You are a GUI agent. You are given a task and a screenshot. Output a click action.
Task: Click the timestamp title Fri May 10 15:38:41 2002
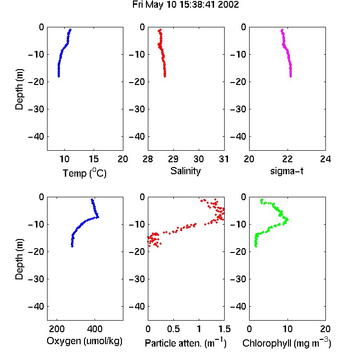pyautogui.click(x=185, y=4)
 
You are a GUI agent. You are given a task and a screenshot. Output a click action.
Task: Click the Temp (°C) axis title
pyautogui.click(x=84, y=173)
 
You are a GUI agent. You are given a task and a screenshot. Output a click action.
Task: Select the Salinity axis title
pyautogui.click(x=185, y=171)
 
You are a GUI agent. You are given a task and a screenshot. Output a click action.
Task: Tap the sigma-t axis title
pyautogui.click(x=287, y=171)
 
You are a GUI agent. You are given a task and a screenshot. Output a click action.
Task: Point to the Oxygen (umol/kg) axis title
pyautogui.click(x=84, y=341)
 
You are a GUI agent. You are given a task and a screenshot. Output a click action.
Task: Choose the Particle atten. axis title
pyautogui.click(x=185, y=343)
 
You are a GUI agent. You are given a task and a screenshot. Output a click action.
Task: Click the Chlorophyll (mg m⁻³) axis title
pyautogui.click(x=287, y=343)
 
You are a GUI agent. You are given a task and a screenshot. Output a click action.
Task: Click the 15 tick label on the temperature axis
pyautogui.click(x=94, y=159)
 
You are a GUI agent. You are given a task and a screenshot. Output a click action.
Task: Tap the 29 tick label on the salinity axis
pyautogui.click(x=173, y=159)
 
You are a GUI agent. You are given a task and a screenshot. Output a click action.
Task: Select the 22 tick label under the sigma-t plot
pyautogui.click(x=287, y=159)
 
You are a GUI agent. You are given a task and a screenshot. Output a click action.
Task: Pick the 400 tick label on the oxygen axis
pyautogui.click(x=95, y=329)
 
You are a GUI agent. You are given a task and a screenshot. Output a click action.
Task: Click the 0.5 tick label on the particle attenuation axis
pyautogui.click(x=173, y=329)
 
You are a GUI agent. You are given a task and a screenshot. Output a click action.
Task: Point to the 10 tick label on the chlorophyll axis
pyautogui.click(x=287, y=329)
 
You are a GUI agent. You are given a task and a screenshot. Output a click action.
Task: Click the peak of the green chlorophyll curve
pyautogui.click(x=287, y=220)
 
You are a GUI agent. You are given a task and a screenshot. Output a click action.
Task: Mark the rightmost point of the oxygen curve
pyautogui.click(x=98, y=217)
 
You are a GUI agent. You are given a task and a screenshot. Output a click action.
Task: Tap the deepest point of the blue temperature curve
pyautogui.click(x=59, y=76)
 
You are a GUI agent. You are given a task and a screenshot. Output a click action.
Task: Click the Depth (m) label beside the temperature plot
pyautogui.click(x=19, y=89)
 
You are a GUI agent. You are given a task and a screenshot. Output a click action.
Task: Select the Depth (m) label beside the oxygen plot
pyautogui.click(x=19, y=259)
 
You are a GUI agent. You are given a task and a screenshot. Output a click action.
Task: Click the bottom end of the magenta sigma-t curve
pyautogui.click(x=291, y=76)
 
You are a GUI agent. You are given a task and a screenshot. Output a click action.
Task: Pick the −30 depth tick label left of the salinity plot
pyautogui.click(x=137, y=109)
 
